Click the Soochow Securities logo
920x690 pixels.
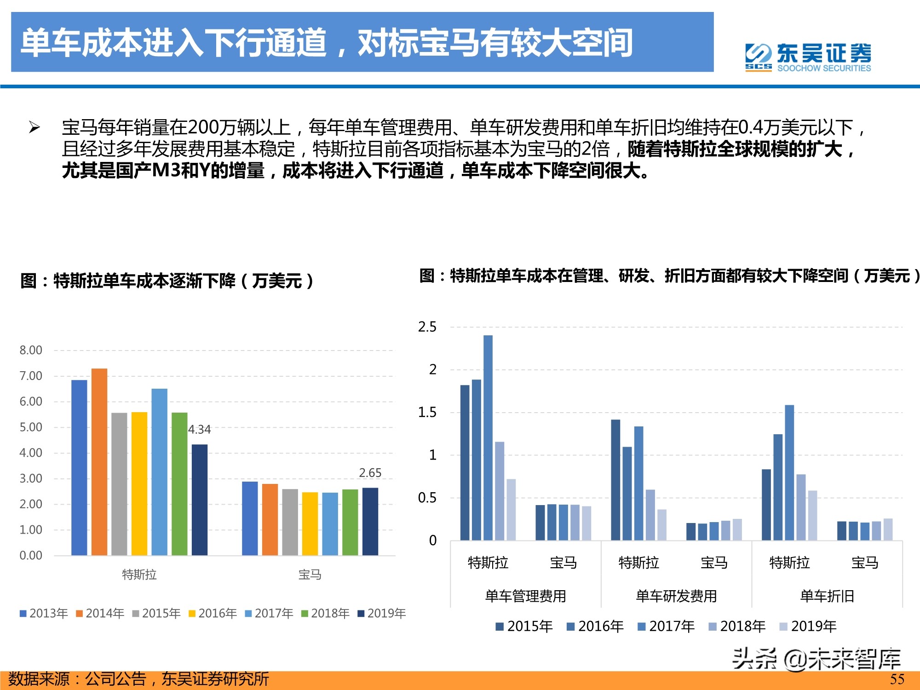click(808, 57)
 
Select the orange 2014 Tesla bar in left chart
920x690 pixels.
click(99, 461)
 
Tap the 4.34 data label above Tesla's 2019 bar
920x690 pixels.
click(199, 430)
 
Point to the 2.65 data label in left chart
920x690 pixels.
click(370, 473)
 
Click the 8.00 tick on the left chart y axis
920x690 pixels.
click(31, 351)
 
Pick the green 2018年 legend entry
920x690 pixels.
click(325, 614)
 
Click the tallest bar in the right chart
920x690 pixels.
click(488, 437)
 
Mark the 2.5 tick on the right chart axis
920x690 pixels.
click(427, 327)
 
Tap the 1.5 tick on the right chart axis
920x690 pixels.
click(427, 413)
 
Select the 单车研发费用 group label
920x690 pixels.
click(676, 596)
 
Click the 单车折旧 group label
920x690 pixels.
click(827, 596)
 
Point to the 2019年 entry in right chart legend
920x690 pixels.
click(808, 627)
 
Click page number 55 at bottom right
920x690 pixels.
click(897, 679)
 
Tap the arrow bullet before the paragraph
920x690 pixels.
click(34, 127)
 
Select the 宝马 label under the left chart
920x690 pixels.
click(310, 575)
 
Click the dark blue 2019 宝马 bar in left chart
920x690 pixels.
click(370, 521)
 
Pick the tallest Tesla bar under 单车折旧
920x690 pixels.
click(789, 472)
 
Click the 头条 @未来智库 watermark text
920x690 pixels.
click(816, 659)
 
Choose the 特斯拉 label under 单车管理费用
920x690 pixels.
click(488, 563)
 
